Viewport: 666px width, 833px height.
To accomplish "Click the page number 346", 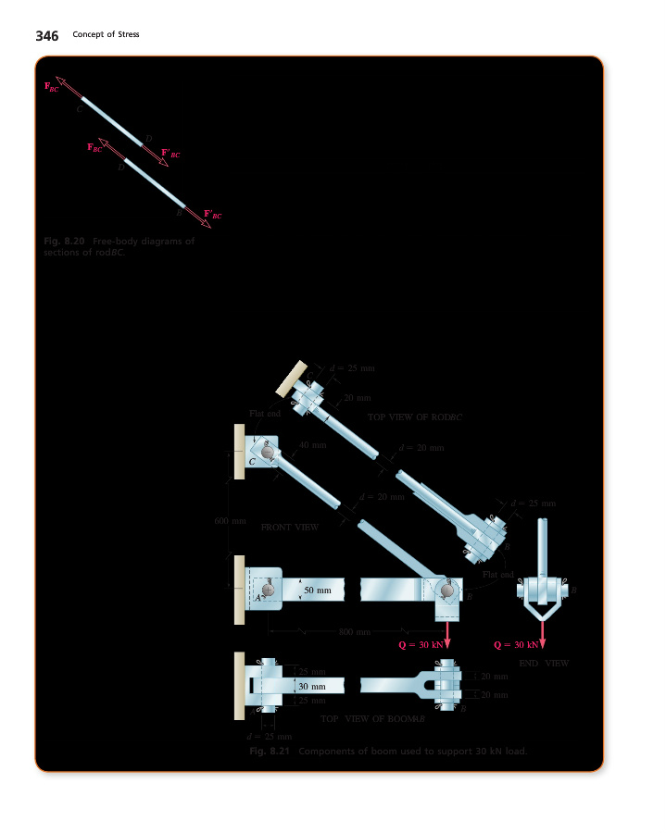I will pos(46,36).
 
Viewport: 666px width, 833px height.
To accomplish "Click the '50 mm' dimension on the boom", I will pos(318,590).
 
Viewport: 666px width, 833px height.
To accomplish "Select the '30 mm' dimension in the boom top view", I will pos(312,686).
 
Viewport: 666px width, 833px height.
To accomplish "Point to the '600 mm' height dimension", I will pos(229,521).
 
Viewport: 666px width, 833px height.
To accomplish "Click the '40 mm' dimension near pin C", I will pos(314,446).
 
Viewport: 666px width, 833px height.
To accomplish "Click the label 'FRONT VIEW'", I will pos(290,527).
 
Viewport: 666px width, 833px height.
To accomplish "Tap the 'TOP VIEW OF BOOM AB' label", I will pos(372,718).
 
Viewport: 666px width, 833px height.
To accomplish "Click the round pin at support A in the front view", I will pos(268,590).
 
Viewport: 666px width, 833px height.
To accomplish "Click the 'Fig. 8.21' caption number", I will pos(270,752).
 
